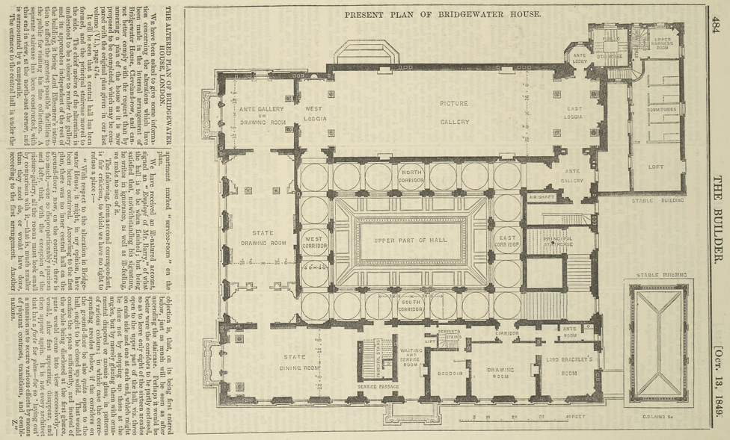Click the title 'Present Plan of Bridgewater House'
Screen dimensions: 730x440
click(443, 14)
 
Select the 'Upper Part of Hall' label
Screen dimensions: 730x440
click(412, 241)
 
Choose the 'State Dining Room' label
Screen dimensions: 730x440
click(293, 362)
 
